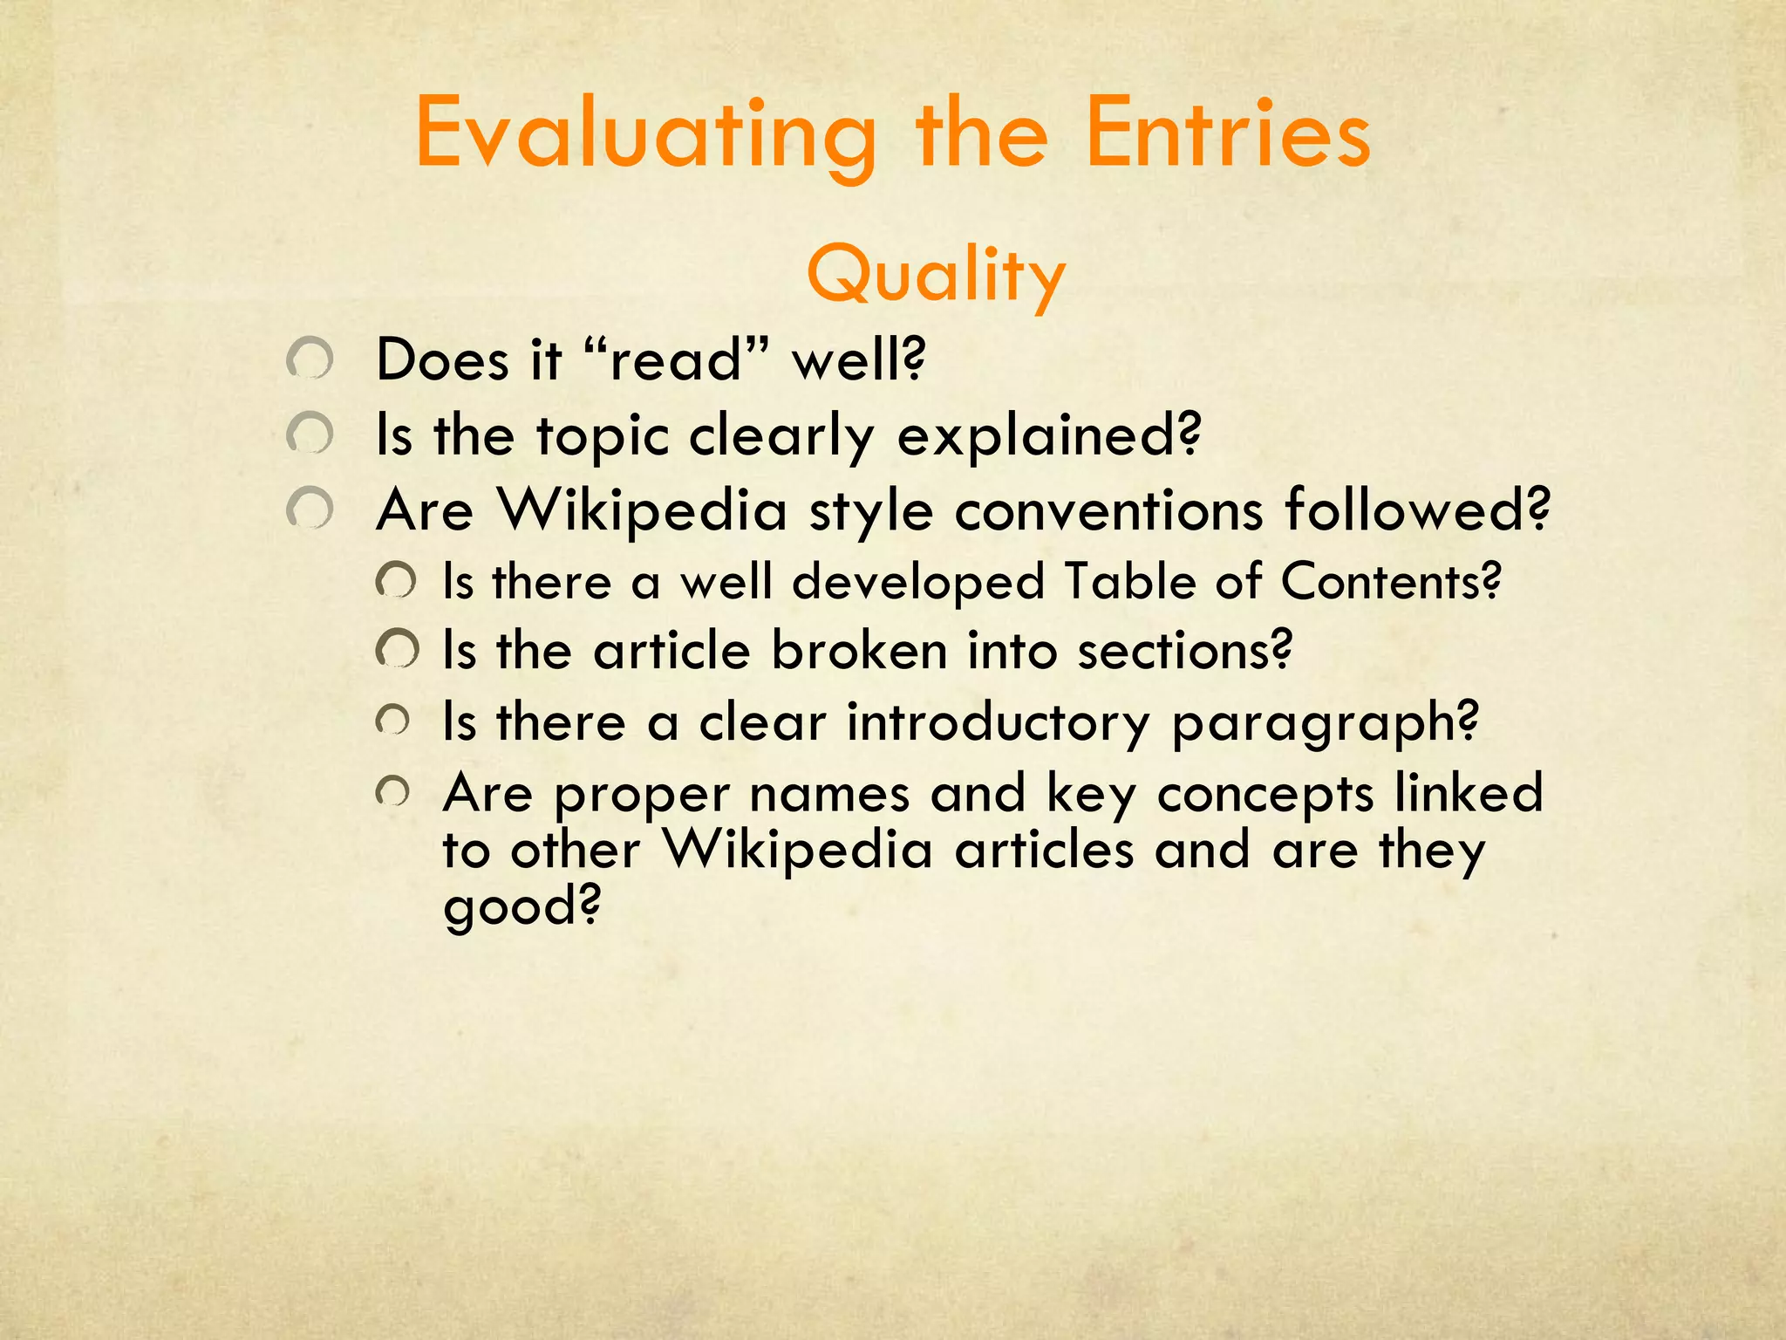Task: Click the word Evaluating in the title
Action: click(x=645, y=135)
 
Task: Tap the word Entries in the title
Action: click(x=1228, y=135)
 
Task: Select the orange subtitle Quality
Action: click(x=936, y=274)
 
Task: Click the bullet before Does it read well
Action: click(x=310, y=359)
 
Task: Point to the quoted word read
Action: click(x=675, y=359)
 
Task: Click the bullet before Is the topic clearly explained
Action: click(x=310, y=434)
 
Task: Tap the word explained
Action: click(x=1049, y=435)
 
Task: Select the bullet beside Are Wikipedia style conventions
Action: click(x=310, y=509)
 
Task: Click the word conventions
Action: click(x=1108, y=509)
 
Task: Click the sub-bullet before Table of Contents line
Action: click(x=397, y=581)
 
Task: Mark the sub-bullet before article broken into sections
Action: click(x=397, y=650)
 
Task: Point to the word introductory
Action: click(x=999, y=723)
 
